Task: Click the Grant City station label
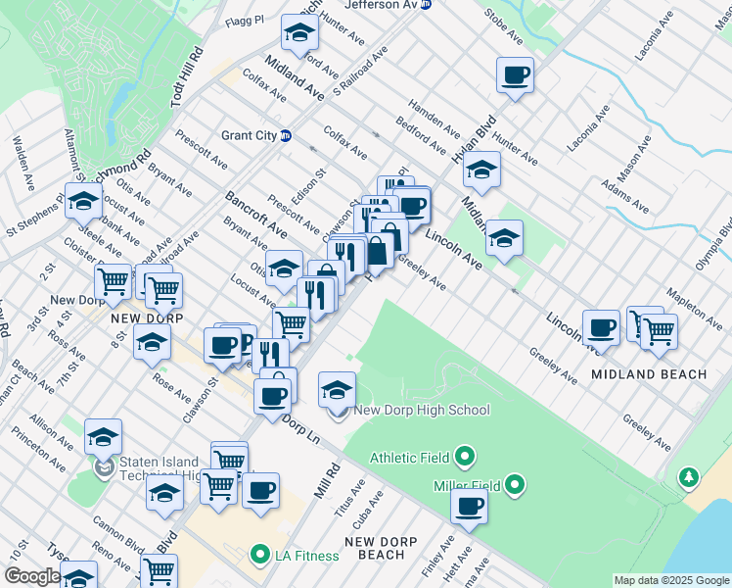[250, 135]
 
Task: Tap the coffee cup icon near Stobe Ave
[515, 75]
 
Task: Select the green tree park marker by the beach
[689, 477]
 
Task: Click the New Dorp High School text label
[421, 411]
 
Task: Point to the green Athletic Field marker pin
[465, 457]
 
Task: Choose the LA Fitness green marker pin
[259, 556]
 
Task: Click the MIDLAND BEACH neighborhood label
[649, 374]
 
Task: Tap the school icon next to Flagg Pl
[299, 33]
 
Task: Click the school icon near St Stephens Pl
[84, 201]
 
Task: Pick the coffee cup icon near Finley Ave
[470, 506]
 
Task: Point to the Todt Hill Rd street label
[186, 79]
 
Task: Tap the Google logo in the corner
[32, 576]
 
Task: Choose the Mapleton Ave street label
[692, 310]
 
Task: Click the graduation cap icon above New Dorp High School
[337, 389]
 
